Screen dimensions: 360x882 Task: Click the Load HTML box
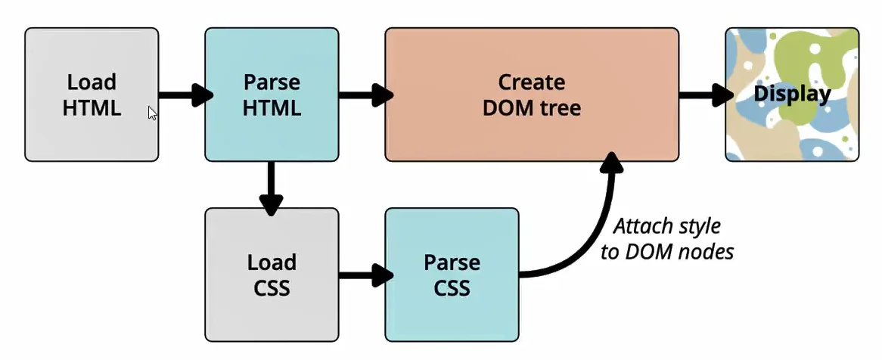point(92,95)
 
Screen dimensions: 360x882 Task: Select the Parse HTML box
point(272,95)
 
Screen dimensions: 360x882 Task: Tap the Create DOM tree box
point(531,95)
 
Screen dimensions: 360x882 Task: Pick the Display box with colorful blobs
point(792,95)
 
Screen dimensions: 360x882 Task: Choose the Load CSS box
point(272,275)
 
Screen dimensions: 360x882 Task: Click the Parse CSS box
point(452,275)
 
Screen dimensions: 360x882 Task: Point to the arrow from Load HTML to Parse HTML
point(185,95)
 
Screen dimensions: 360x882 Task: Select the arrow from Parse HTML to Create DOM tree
point(365,95)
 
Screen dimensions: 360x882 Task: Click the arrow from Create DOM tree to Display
point(705,95)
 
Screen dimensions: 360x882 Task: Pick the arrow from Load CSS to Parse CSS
point(365,275)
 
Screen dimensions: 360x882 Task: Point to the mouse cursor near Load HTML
point(152,113)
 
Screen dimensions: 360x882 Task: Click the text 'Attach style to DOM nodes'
point(666,239)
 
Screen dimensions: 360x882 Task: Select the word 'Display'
point(792,95)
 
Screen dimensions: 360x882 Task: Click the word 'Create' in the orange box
point(531,82)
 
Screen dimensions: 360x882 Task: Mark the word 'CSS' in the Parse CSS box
point(452,288)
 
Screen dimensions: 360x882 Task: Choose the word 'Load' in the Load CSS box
point(272,262)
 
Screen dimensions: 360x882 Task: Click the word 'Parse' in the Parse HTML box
point(272,82)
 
